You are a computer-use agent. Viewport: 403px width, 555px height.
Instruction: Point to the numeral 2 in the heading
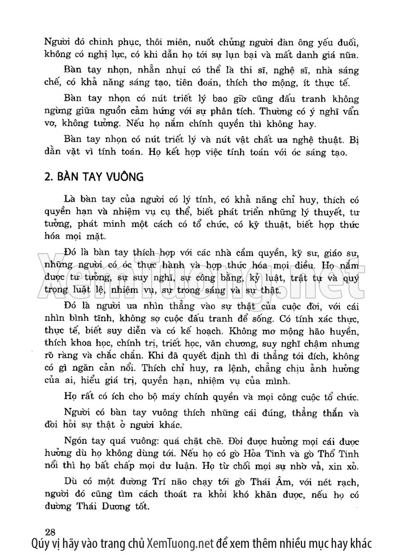46,177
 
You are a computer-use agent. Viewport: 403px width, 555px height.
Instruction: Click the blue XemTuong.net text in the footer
181,543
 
